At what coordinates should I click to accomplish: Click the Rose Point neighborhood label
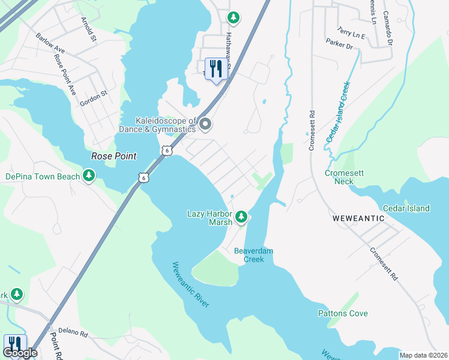pyautogui.click(x=113, y=156)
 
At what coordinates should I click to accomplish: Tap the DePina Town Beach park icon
pyautogui.click(x=89, y=175)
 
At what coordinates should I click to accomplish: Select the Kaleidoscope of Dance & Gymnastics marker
pyautogui.click(x=205, y=125)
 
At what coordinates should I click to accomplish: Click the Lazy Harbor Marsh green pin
pyautogui.click(x=241, y=216)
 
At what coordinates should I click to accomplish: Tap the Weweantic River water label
pyautogui.click(x=190, y=285)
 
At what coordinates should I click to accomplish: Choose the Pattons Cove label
pyautogui.click(x=343, y=313)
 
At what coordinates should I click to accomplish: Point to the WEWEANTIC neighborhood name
pyautogui.click(x=358, y=219)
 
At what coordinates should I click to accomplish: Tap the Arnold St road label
pyautogui.click(x=89, y=29)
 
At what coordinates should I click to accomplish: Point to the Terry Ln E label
pyautogui.click(x=351, y=32)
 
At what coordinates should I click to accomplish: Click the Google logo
pyautogui.click(x=19, y=353)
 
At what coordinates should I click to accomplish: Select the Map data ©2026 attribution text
pyautogui.click(x=423, y=355)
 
